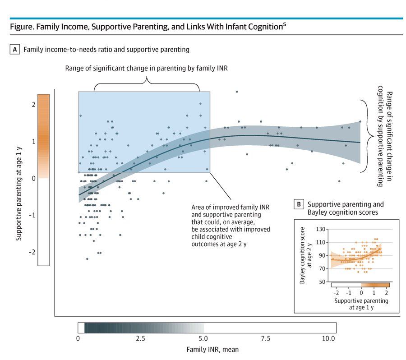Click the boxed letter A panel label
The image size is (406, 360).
[x=14, y=49]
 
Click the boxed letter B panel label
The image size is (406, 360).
[x=299, y=204]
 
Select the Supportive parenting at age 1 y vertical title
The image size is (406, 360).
[x=18, y=178]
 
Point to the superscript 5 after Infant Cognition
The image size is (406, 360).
[x=284, y=25]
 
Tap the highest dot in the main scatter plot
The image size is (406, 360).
[x=236, y=92]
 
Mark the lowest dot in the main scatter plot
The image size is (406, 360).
[x=87, y=259]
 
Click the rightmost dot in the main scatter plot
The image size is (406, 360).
[x=360, y=121]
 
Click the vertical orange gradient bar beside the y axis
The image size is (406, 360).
[x=44, y=180]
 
